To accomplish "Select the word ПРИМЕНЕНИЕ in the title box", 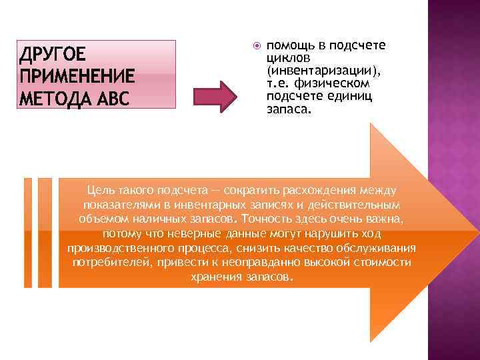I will click(x=78, y=75).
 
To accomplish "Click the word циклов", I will click(x=285, y=57).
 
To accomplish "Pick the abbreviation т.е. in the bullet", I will click(x=280, y=83).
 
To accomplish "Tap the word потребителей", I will click(x=111, y=263).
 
